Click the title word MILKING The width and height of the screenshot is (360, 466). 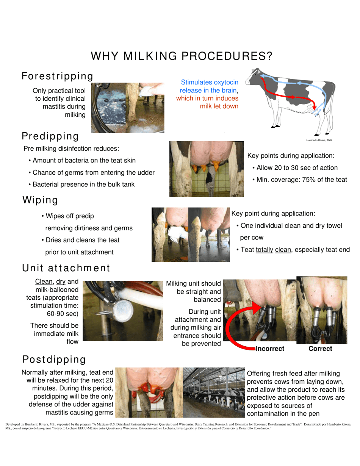[x=150, y=56]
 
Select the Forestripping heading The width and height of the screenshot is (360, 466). [x=58, y=77]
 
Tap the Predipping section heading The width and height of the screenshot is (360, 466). [x=50, y=136]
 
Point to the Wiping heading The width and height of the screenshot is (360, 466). [x=40, y=200]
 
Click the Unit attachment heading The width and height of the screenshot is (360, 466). [x=66, y=268]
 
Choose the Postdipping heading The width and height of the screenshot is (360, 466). [x=54, y=360]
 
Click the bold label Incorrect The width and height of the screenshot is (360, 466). [x=270, y=349]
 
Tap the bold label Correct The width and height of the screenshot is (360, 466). [x=320, y=349]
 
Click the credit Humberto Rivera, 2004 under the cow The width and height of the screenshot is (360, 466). [x=319, y=140]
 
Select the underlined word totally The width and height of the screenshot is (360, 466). [x=265, y=250]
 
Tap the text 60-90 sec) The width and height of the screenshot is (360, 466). [x=63, y=314]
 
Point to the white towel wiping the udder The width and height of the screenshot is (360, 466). [x=175, y=234]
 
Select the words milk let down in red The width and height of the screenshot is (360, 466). [x=219, y=106]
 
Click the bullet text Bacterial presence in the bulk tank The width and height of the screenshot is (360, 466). [x=84, y=185]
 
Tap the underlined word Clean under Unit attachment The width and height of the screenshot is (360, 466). [x=44, y=281]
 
